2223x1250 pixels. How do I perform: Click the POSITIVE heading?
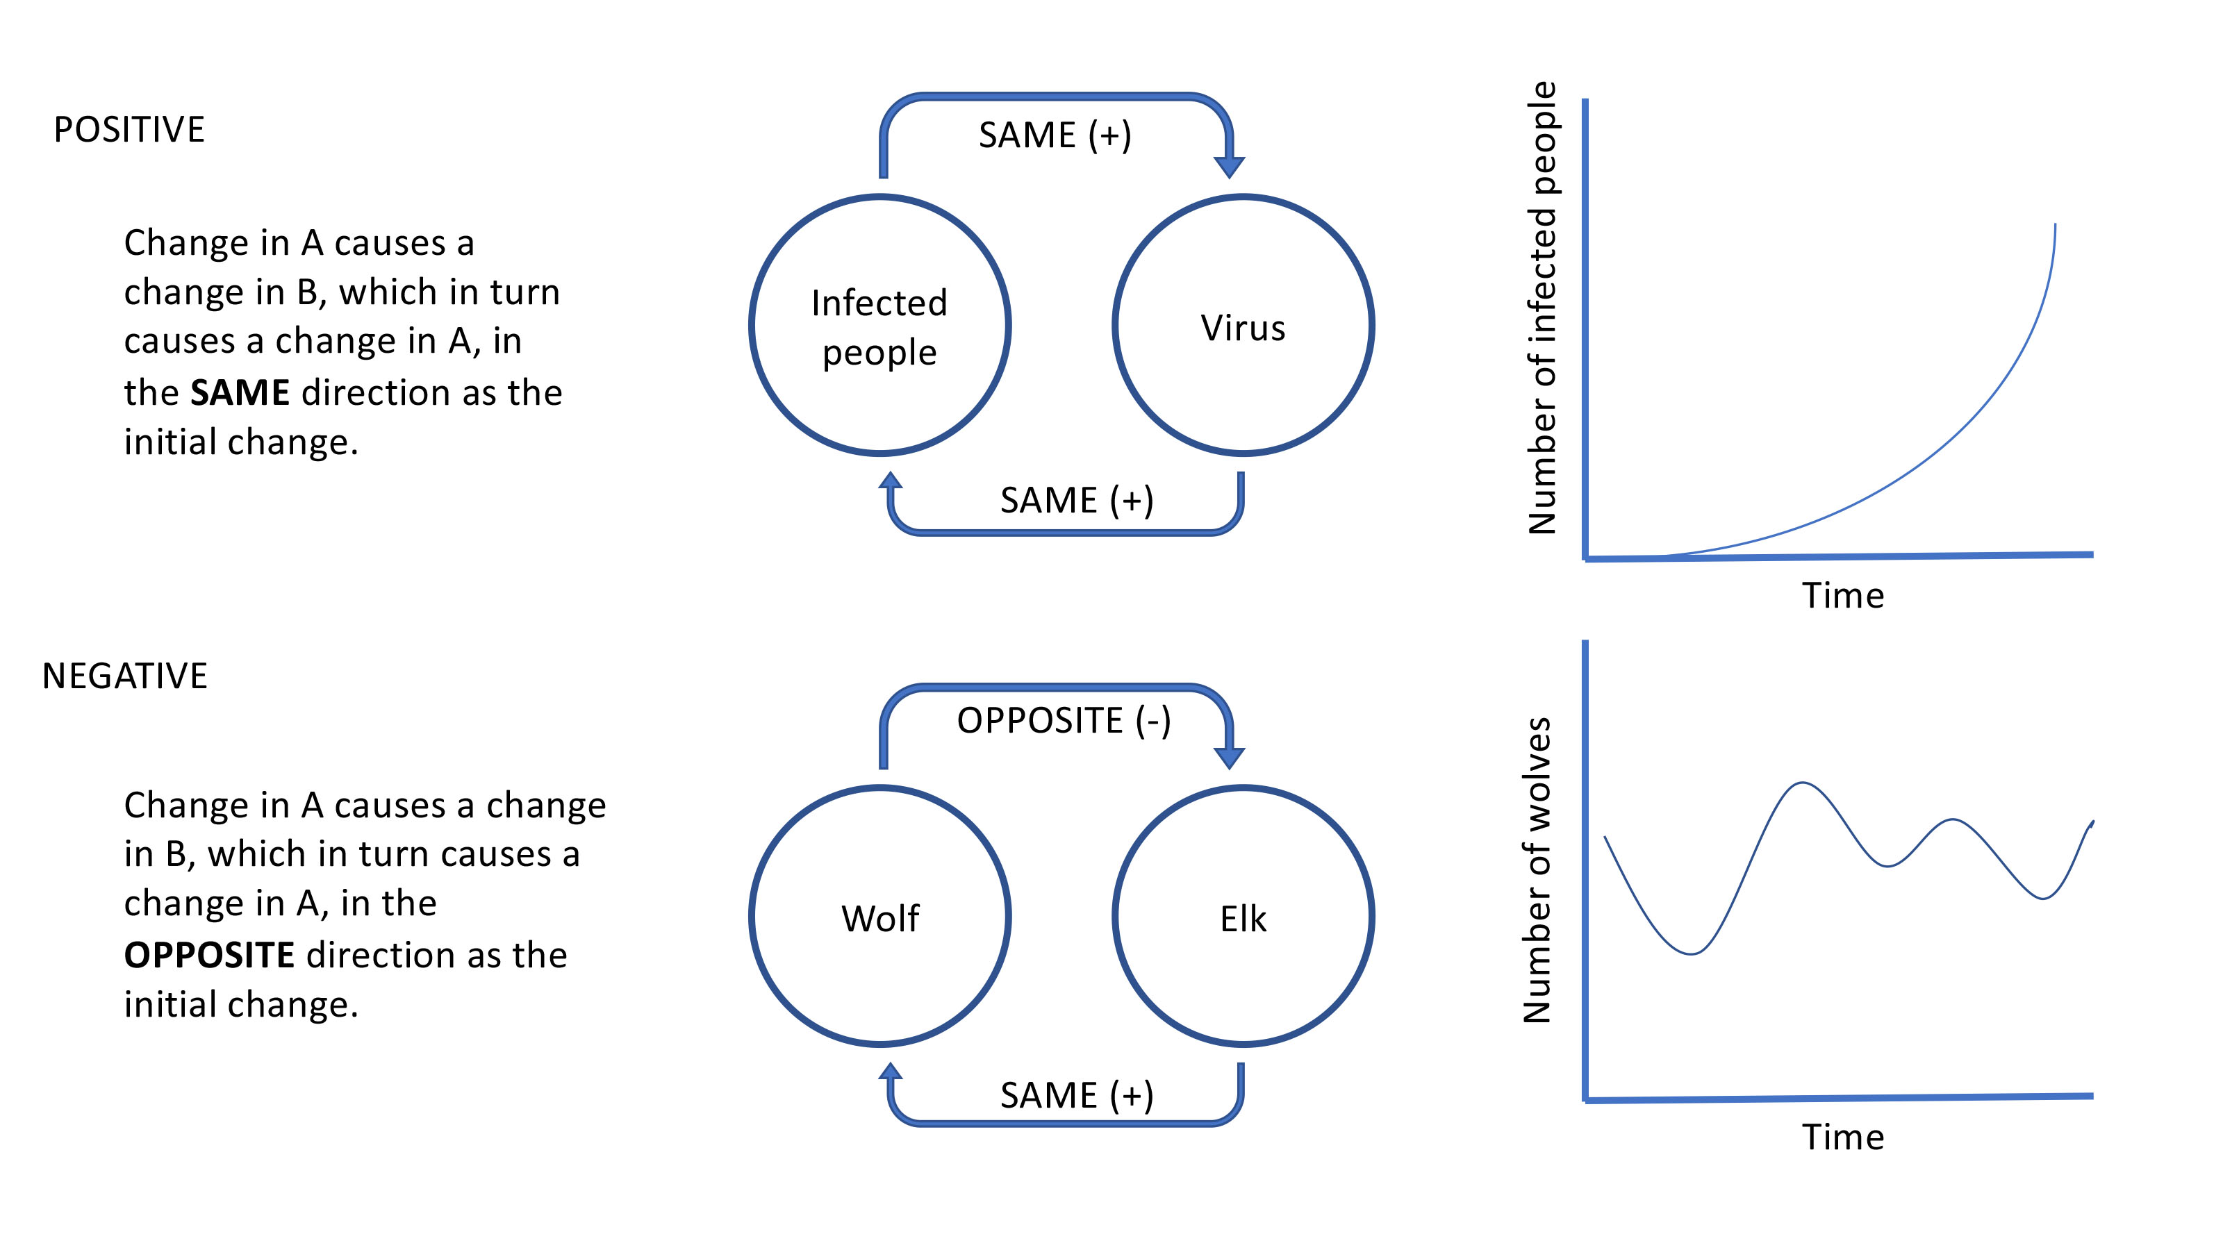coord(129,131)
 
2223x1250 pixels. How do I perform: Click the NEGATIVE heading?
coord(124,676)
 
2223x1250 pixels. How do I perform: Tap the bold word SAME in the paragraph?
coord(240,393)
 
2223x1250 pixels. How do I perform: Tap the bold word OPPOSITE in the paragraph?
coord(210,956)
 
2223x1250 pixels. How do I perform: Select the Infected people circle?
coord(879,326)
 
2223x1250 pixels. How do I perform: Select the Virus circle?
coord(1243,326)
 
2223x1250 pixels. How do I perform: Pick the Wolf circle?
coord(879,917)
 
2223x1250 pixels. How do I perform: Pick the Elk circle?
coord(1243,917)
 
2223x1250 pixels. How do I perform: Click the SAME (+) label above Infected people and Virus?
coord(1055,135)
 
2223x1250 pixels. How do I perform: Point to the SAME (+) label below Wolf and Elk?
coord(1076,1096)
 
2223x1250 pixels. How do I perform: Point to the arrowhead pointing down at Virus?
coord(1229,166)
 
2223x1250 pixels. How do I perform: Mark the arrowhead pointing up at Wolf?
coord(891,1072)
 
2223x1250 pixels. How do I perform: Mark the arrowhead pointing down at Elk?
coord(1229,756)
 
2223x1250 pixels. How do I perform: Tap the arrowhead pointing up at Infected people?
coord(891,481)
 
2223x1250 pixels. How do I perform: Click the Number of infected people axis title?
coord(1542,307)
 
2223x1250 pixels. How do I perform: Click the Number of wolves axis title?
coord(1538,869)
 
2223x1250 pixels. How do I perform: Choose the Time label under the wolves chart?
coord(1842,1137)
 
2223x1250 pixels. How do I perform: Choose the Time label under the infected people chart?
coord(1842,596)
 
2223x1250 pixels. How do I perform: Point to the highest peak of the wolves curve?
coord(1803,783)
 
